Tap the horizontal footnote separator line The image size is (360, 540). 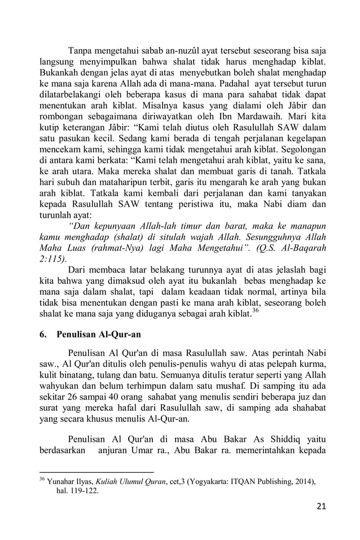pos(96,472)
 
